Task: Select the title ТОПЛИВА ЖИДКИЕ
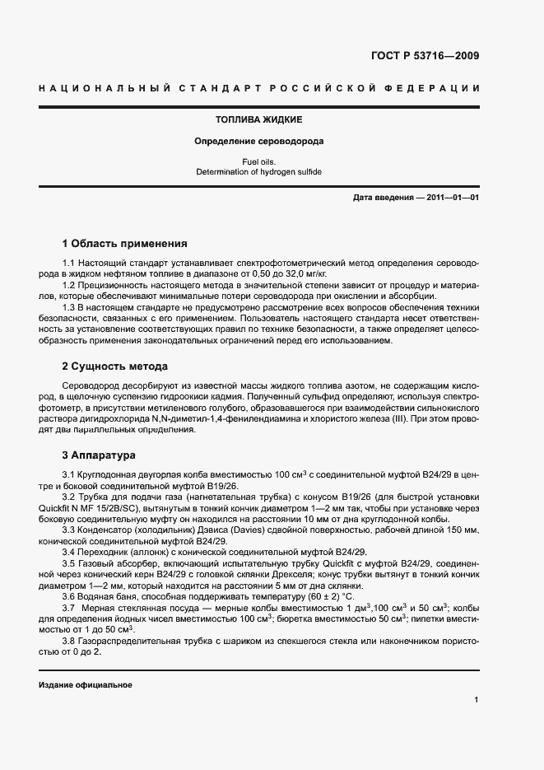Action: coord(258,119)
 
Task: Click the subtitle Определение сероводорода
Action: coord(258,141)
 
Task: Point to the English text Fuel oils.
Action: coord(258,161)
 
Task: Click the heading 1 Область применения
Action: coord(124,244)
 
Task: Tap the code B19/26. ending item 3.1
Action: coord(195,487)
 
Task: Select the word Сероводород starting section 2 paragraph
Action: coord(93,385)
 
